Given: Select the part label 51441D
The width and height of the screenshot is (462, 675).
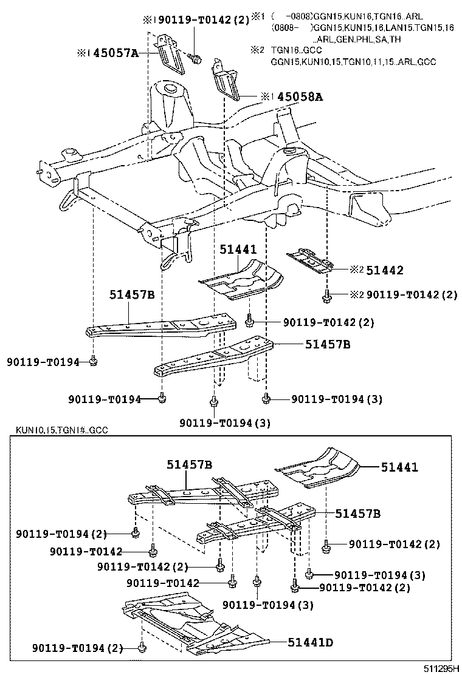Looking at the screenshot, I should pos(304,642).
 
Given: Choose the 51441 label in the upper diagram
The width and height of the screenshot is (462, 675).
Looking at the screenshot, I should pos(238,249).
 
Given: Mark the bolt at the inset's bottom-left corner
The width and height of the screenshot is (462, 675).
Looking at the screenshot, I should pos(141,648).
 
